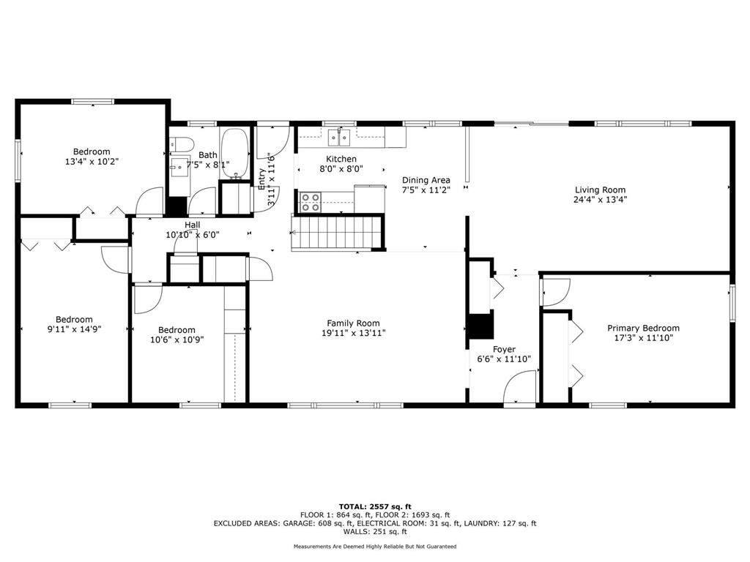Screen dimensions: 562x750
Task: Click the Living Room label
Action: (600, 190)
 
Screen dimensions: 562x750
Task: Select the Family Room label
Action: (353, 323)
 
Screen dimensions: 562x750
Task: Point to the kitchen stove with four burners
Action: (311, 201)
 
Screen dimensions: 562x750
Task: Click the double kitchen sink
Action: (338, 135)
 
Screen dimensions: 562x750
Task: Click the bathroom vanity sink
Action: (178, 167)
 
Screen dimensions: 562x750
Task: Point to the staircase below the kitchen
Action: (338, 233)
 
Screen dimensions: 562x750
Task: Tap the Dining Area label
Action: (426, 180)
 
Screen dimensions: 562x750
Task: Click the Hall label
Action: (192, 225)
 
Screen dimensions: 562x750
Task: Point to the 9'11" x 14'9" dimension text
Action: (74, 329)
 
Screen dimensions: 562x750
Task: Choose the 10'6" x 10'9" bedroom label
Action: (177, 330)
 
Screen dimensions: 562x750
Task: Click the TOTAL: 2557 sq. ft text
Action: (375, 506)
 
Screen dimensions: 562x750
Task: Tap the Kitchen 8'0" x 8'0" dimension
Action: (341, 169)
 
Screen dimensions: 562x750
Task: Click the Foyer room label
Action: (504, 349)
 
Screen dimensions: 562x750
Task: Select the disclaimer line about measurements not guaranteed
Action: (375, 547)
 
